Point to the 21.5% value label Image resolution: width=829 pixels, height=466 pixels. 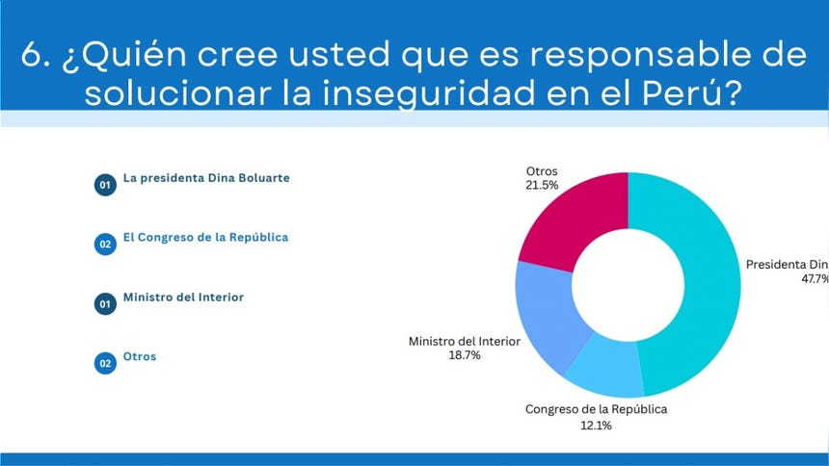543,185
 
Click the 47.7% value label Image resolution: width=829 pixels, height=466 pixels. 816,278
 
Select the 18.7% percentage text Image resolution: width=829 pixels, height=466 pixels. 465,355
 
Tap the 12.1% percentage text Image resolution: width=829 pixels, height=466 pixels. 596,424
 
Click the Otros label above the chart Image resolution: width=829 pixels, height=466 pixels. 542,171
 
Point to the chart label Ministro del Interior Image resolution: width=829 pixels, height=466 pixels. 465,341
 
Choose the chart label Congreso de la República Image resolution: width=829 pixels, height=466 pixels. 596,409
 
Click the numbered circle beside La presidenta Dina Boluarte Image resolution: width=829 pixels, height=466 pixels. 105,185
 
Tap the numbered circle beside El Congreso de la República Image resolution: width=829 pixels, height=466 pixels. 105,245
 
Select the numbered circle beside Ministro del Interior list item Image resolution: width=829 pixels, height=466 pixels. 105,304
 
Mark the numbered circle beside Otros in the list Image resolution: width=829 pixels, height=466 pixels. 105,363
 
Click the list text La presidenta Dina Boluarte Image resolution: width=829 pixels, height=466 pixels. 206,178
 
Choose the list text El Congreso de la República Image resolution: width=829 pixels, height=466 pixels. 205,237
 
